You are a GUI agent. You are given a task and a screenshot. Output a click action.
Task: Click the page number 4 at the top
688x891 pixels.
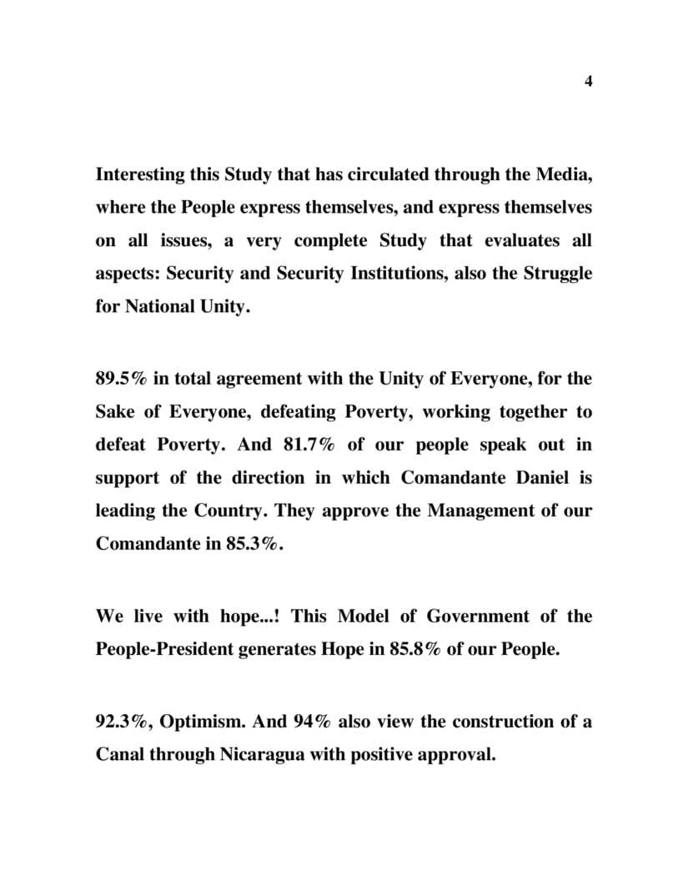[588, 81]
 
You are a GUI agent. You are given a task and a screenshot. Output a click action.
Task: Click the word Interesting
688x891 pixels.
[138, 175]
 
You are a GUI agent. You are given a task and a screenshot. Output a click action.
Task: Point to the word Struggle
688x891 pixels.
[558, 274]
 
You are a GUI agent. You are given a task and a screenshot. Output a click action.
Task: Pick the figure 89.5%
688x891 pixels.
[122, 379]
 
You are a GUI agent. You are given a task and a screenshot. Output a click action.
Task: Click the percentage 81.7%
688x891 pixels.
[309, 445]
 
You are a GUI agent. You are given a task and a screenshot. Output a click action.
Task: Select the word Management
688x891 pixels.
[480, 511]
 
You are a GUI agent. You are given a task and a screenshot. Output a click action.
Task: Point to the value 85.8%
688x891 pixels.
[415, 650]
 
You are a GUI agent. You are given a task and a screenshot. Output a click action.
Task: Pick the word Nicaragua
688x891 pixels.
[262, 755]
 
